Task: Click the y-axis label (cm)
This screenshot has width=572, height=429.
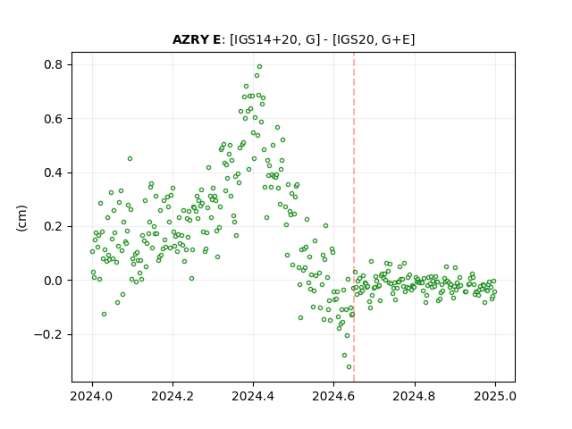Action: [21, 218]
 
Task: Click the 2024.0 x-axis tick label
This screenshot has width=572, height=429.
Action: [92, 396]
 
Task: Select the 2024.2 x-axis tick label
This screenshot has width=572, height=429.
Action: [172, 396]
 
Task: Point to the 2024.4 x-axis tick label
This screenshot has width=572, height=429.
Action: [253, 396]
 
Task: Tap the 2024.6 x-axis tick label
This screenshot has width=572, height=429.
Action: [333, 396]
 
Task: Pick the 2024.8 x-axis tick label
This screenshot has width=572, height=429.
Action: [415, 396]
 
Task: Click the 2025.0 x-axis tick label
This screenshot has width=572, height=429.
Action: [495, 396]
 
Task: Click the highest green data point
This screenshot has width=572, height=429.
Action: [260, 67]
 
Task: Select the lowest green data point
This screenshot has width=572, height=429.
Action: [349, 367]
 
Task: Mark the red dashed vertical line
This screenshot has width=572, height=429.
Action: [354, 217]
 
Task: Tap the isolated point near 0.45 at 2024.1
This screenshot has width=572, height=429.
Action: [130, 159]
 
